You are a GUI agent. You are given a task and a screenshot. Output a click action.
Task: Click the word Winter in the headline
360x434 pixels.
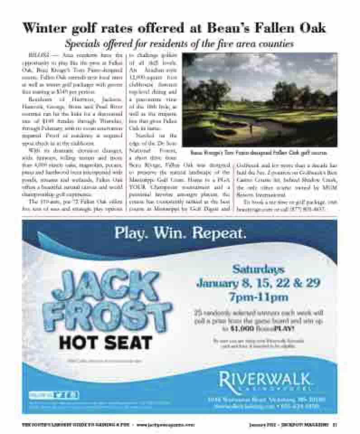[48, 28]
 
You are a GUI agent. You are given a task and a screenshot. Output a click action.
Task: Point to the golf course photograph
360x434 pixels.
[260, 99]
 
